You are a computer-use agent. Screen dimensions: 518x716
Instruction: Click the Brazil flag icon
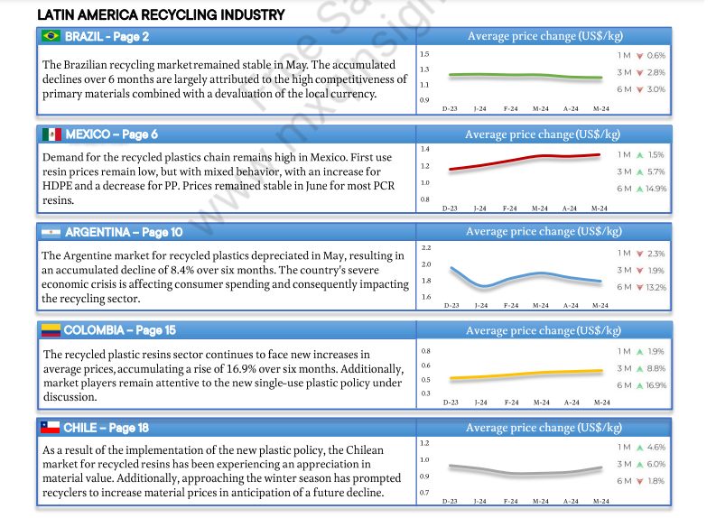(51, 36)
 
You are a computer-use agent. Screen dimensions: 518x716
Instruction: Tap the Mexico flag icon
(51, 134)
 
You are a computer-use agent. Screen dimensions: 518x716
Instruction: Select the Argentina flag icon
(51, 232)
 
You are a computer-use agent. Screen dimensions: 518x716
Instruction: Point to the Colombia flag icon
(51, 330)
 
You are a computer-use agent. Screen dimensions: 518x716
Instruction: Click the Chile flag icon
(51, 428)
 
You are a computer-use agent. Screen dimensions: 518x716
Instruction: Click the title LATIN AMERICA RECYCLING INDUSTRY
(162, 14)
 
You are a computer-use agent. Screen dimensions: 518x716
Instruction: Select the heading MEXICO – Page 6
(111, 134)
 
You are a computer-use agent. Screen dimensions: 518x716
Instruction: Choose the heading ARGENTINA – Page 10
(123, 232)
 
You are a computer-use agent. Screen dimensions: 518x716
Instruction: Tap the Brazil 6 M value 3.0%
(656, 89)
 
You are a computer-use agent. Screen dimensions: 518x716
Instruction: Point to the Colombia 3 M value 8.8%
(656, 368)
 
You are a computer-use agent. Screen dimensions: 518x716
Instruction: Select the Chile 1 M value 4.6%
(656, 447)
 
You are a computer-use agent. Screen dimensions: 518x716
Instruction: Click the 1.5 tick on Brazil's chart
(424, 55)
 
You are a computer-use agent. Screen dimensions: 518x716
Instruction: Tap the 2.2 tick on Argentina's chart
(426, 246)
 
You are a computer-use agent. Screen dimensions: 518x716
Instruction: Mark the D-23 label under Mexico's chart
(450, 208)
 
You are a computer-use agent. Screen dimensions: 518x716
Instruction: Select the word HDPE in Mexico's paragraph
(61, 186)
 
